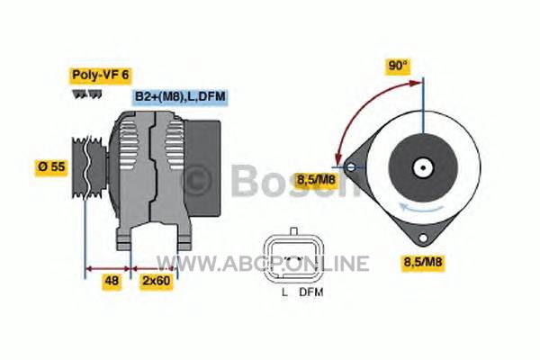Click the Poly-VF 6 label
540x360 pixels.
[x=101, y=76]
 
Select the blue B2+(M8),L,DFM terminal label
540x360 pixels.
[x=181, y=96]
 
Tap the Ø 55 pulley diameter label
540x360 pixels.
[x=51, y=167]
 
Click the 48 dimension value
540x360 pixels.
[x=112, y=281]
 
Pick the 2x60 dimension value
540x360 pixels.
[x=157, y=281]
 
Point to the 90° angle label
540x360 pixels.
[x=398, y=66]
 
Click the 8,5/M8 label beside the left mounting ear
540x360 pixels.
[x=316, y=179]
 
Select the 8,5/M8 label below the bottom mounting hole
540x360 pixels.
[x=423, y=262]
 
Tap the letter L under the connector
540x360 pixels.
[x=284, y=292]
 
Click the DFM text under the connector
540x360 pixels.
[x=311, y=292]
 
